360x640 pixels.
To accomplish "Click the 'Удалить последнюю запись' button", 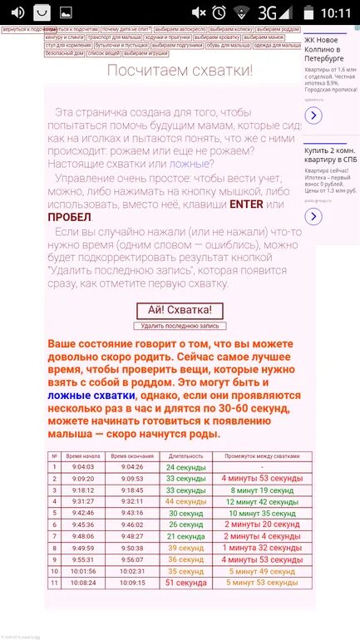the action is click(x=180, y=326).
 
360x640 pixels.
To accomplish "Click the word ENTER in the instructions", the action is click(x=245, y=203).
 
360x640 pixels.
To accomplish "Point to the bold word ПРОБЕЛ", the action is click(x=70, y=217).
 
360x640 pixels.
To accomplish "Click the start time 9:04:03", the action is click(x=83, y=467).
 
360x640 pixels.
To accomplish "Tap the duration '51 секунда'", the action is click(x=185, y=583).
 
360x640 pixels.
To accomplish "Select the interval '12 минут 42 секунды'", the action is click(x=263, y=501).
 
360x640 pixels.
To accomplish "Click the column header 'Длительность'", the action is click(x=185, y=455).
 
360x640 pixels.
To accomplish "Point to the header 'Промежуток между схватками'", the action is click(x=263, y=455).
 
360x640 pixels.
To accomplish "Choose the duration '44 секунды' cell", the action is click(x=185, y=501).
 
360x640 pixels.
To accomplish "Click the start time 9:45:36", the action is click(x=83, y=524).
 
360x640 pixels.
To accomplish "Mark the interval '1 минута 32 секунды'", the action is click(x=263, y=548).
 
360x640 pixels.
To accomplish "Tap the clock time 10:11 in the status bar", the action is click(x=337, y=12).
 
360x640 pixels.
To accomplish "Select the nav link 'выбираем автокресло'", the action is click(x=183, y=29).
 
